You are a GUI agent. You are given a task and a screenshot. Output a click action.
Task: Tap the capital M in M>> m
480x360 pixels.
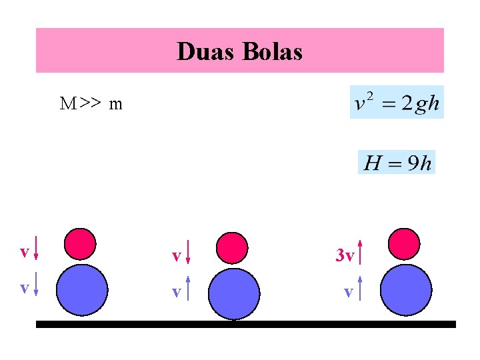coord(67,104)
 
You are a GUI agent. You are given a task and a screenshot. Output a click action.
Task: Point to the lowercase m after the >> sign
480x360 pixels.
coord(116,105)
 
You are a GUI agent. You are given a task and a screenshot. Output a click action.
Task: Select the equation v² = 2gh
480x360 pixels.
coord(397,103)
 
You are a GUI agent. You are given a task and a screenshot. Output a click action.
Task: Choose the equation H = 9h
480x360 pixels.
coord(397,162)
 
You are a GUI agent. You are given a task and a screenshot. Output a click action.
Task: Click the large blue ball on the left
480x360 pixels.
coord(81,289)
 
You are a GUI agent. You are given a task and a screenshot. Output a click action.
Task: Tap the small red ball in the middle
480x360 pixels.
coord(233,247)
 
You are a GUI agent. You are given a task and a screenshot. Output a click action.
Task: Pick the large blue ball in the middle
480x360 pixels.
coord(233,293)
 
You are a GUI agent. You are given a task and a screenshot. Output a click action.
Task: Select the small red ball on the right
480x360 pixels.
coord(404,244)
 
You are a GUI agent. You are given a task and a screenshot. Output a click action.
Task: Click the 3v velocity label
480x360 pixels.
coord(344,255)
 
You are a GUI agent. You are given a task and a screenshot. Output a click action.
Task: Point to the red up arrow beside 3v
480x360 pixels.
coord(360,253)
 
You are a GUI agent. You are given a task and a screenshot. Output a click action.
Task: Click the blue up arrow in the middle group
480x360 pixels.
coord(189,289)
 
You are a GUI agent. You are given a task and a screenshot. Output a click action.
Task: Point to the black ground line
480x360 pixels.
coord(245,325)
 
